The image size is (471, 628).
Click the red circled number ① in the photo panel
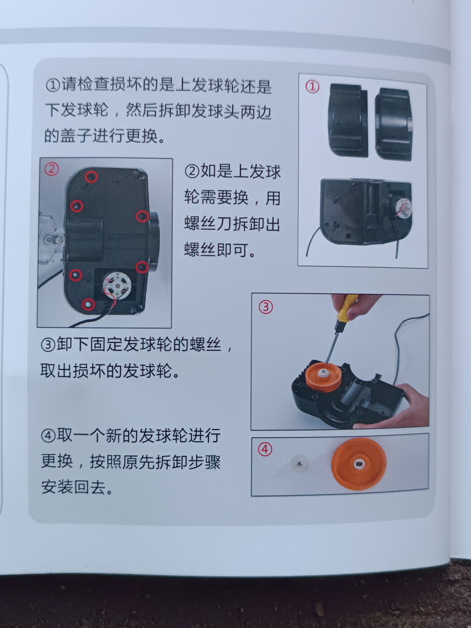click(312, 87)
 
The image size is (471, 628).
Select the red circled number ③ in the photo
click(266, 307)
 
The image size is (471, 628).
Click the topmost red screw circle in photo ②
click(92, 177)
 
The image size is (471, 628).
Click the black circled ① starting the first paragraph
click(53, 85)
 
